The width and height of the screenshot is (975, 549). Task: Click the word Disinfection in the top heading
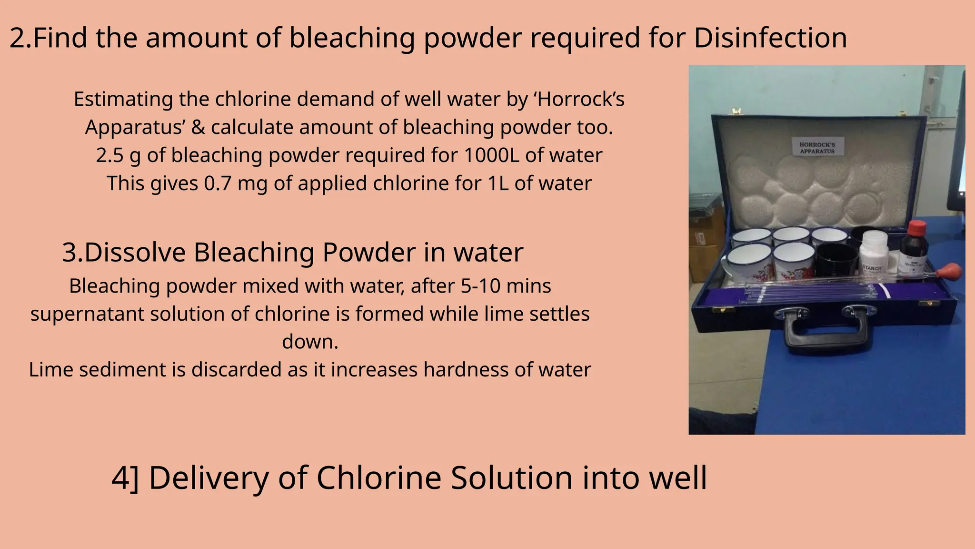(770, 38)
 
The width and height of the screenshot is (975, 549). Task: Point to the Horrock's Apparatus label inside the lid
(817, 148)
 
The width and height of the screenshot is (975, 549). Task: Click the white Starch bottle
(874, 253)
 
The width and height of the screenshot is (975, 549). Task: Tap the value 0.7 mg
(236, 183)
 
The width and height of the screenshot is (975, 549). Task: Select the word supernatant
(87, 314)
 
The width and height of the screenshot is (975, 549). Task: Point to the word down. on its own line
(310, 342)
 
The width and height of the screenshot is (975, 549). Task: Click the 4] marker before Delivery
(125, 478)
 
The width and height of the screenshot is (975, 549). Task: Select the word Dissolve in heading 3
(135, 252)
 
